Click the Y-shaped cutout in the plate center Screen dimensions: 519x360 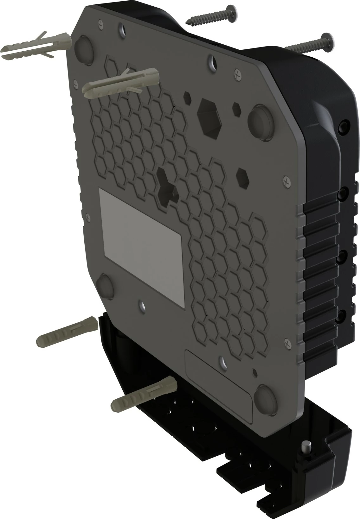pyautogui.click(x=167, y=185)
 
